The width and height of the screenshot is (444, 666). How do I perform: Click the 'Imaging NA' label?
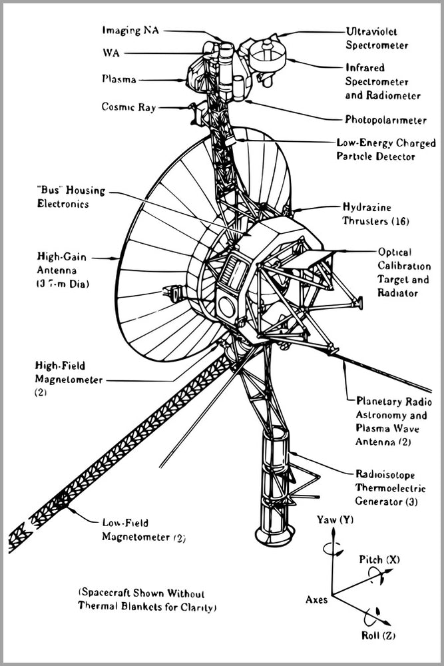pyautogui.click(x=131, y=30)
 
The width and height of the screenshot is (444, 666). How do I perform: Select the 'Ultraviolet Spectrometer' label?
pyautogui.click(x=377, y=38)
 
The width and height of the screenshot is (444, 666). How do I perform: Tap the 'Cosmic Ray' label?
pyautogui.click(x=128, y=107)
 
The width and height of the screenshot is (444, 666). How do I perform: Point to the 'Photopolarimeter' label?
pyautogui.click(x=385, y=120)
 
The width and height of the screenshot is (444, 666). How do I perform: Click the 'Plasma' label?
pyautogui.click(x=119, y=79)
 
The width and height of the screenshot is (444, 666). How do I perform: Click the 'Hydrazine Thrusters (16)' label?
pyautogui.click(x=375, y=213)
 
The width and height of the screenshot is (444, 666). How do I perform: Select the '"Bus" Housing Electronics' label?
pyautogui.click(x=71, y=197)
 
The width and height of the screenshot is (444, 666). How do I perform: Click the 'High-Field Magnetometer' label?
pyautogui.click(x=69, y=373)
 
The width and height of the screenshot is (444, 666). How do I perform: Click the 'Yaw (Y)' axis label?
pyautogui.click(x=336, y=519)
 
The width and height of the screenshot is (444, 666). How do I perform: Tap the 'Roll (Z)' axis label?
pyautogui.click(x=378, y=635)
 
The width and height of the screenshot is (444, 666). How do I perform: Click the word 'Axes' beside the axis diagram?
pyautogui.click(x=316, y=599)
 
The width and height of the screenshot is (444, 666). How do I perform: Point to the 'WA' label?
pyautogui.click(x=111, y=52)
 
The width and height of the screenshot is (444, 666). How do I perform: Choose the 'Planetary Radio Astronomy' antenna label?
pyautogui.click(x=394, y=422)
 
